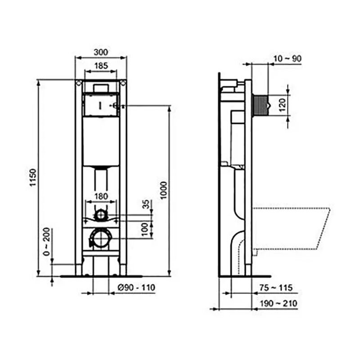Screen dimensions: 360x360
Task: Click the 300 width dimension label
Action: pos(101,52)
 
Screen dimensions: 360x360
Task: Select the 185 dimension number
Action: pos(101,66)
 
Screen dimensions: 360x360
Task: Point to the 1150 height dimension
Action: pos(33,177)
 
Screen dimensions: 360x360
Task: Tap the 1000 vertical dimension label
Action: pos(164,190)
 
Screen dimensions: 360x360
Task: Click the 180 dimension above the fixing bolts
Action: pos(101,197)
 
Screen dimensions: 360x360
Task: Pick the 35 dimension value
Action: pos(145,204)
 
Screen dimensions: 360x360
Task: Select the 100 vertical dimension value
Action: pos(144,229)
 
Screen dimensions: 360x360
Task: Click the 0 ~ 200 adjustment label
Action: pos(47,242)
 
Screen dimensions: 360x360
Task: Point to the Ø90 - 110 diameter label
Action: pos(136,288)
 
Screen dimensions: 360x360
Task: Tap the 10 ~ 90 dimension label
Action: pos(288,58)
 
